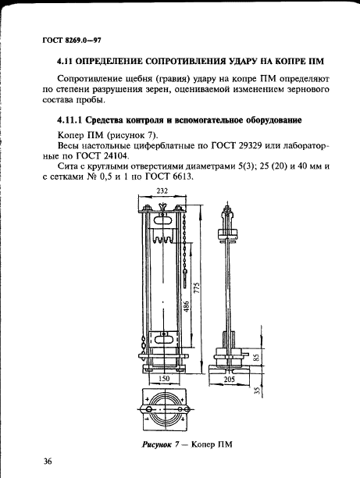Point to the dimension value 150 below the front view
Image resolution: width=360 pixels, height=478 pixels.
click(x=163, y=379)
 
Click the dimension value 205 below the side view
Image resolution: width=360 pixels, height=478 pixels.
click(x=229, y=379)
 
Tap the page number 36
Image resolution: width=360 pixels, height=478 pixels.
click(x=48, y=462)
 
